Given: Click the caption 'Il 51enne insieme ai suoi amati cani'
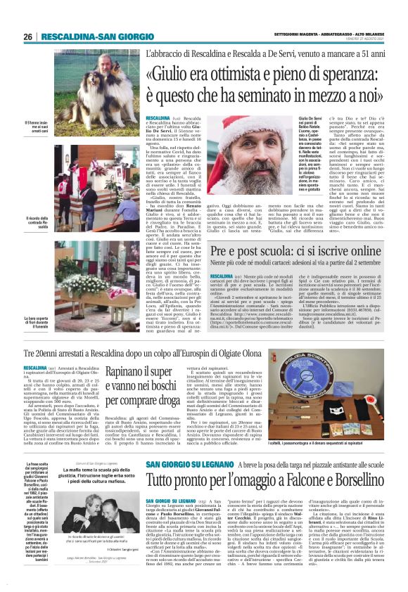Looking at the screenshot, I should [x=36, y=129].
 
